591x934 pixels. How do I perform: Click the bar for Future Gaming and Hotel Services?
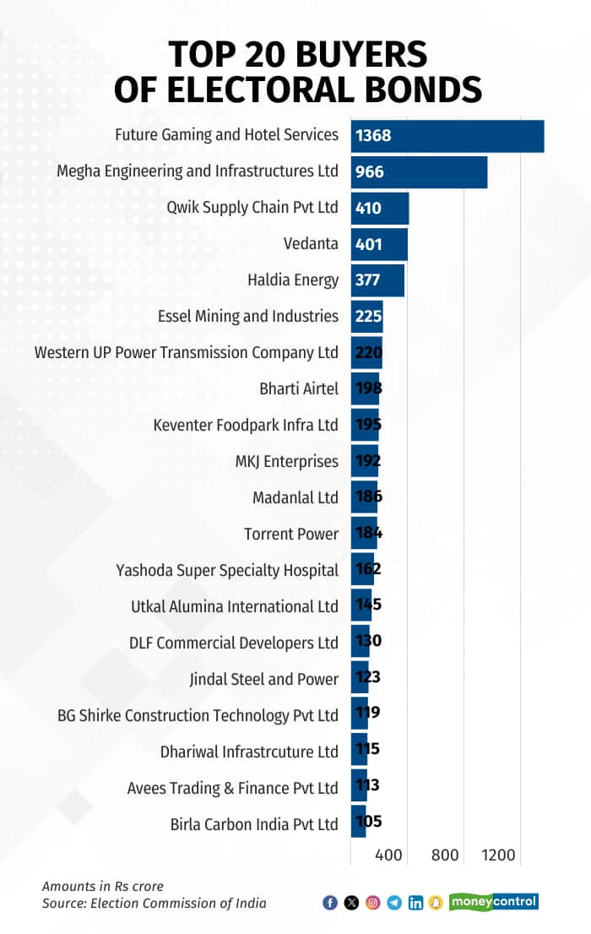447,135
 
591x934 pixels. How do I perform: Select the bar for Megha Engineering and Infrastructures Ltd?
419,171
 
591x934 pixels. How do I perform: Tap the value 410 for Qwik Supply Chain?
369,208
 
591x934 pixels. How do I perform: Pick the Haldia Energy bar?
377,280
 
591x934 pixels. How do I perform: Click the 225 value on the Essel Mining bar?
369,317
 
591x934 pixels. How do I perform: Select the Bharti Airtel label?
299,389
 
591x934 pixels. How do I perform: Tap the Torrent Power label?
291,535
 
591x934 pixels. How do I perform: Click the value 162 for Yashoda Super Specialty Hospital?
368,570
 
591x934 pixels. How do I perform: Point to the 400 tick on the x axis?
388,855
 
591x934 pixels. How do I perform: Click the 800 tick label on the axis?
445,855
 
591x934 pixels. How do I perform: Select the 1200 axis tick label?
499,855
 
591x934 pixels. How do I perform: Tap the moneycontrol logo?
494,902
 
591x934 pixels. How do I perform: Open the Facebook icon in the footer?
330,903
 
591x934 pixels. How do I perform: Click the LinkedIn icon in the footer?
415,903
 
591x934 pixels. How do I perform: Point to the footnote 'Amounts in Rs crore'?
103,887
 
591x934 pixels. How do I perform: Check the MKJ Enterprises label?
287,462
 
